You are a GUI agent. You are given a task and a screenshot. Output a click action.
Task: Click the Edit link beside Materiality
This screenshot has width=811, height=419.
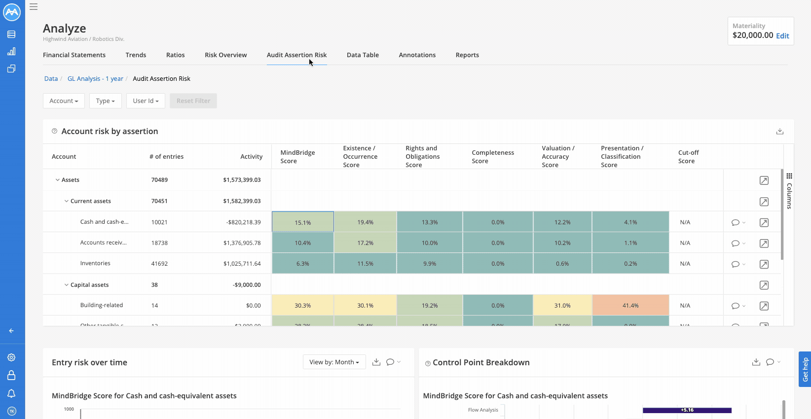click(782, 35)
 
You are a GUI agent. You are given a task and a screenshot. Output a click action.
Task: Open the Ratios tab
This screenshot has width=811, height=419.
click(175, 55)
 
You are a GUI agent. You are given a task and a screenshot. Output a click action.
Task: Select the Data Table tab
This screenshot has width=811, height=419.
click(363, 55)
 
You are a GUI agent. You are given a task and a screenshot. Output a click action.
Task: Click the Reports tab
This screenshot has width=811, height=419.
click(467, 55)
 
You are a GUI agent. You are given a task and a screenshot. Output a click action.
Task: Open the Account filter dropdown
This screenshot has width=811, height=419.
click(64, 101)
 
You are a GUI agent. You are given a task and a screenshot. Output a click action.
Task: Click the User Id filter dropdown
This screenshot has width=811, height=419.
click(146, 101)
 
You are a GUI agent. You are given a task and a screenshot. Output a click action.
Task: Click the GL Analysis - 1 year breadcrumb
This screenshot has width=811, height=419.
click(95, 78)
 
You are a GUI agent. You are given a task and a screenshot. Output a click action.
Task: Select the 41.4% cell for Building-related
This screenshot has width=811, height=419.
click(630, 305)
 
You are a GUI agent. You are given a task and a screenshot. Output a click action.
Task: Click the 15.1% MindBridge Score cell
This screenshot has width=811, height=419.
click(302, 222)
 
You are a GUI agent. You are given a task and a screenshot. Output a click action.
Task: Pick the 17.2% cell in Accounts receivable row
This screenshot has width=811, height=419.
click(365, 243)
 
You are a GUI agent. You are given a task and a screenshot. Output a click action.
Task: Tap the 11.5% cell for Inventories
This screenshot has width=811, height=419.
click(365, 263)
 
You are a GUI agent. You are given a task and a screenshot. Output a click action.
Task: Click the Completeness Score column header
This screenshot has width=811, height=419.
click(492, 156)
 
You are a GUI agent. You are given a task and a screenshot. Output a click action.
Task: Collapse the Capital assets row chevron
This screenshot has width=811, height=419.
click(67, 284)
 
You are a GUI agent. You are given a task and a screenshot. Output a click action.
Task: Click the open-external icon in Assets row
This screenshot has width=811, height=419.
click(764, 180)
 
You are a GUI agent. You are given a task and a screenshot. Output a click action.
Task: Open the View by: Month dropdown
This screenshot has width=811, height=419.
click(334, 362)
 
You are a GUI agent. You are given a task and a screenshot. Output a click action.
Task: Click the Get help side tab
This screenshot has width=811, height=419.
click(805, 369)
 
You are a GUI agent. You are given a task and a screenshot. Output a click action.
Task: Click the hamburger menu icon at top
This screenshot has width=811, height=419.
click(34, 7)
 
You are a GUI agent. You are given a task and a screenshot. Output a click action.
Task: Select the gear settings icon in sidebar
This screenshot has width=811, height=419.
click(11, 357)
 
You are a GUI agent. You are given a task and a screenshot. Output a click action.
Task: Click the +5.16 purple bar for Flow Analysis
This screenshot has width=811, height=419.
click(687, 410)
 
